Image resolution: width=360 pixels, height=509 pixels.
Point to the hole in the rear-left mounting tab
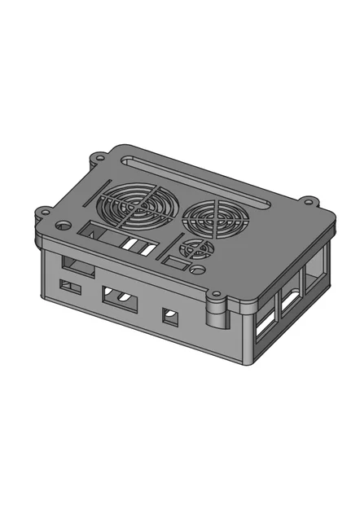tap(99, 156)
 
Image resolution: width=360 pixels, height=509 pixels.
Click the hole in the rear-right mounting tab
tap(309, 200)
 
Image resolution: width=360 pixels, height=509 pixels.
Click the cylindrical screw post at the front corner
tap(218, 316)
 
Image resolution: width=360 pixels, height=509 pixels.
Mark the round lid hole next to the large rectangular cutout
tap(63, 224)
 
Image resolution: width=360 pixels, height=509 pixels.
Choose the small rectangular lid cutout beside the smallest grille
tap(173, 263)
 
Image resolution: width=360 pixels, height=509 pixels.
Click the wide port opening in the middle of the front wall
tap(119, 299)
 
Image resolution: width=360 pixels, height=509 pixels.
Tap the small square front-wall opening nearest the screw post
tap(170, 316)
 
